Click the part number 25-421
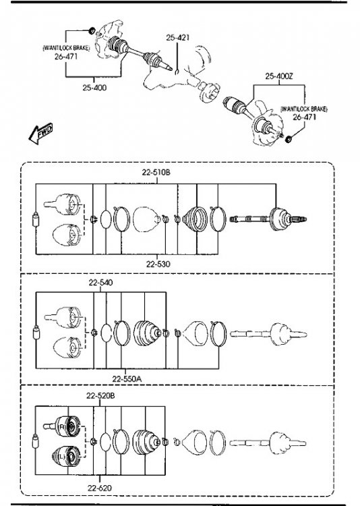point(178,38)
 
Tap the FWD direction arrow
point(40,133)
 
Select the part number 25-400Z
point(279,76)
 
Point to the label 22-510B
point(156,172)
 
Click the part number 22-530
point(158,264)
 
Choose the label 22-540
point(100,283)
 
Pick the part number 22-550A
point(127,379)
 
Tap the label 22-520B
point(100,395)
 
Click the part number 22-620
point(100,488)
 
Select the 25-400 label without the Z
point(94,88)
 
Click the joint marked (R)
point(65,426)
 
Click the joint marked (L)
point(67,456)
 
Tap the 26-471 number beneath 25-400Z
point(304,117)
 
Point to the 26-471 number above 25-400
point(66,57)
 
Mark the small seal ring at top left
point(92,30)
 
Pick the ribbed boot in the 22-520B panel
point(146,442)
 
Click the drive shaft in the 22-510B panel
point(268,219)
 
